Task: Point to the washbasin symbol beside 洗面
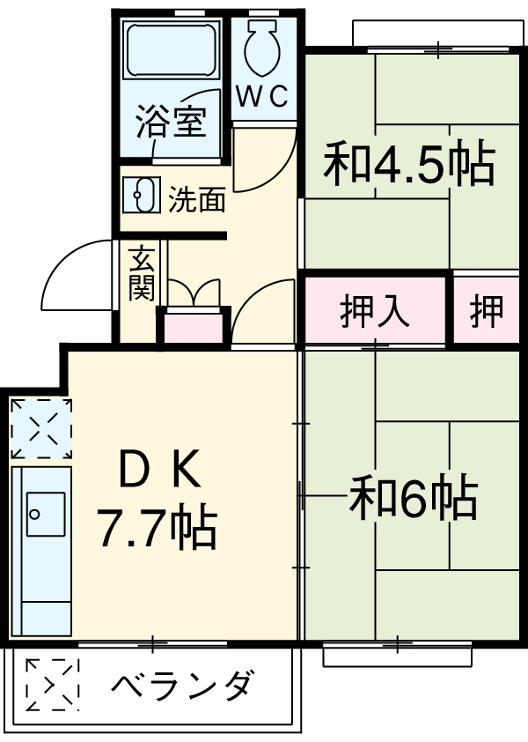click(142, 195)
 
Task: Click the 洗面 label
click(197, 199)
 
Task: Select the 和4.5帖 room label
click(408, 164)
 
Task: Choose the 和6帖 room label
click(414, 499)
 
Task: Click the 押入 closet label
click(376, 311)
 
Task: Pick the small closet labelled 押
click(487, 311)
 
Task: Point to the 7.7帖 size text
click(157, 527)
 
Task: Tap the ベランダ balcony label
click(185, 685)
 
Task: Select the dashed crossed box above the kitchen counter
click(40, 427)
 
